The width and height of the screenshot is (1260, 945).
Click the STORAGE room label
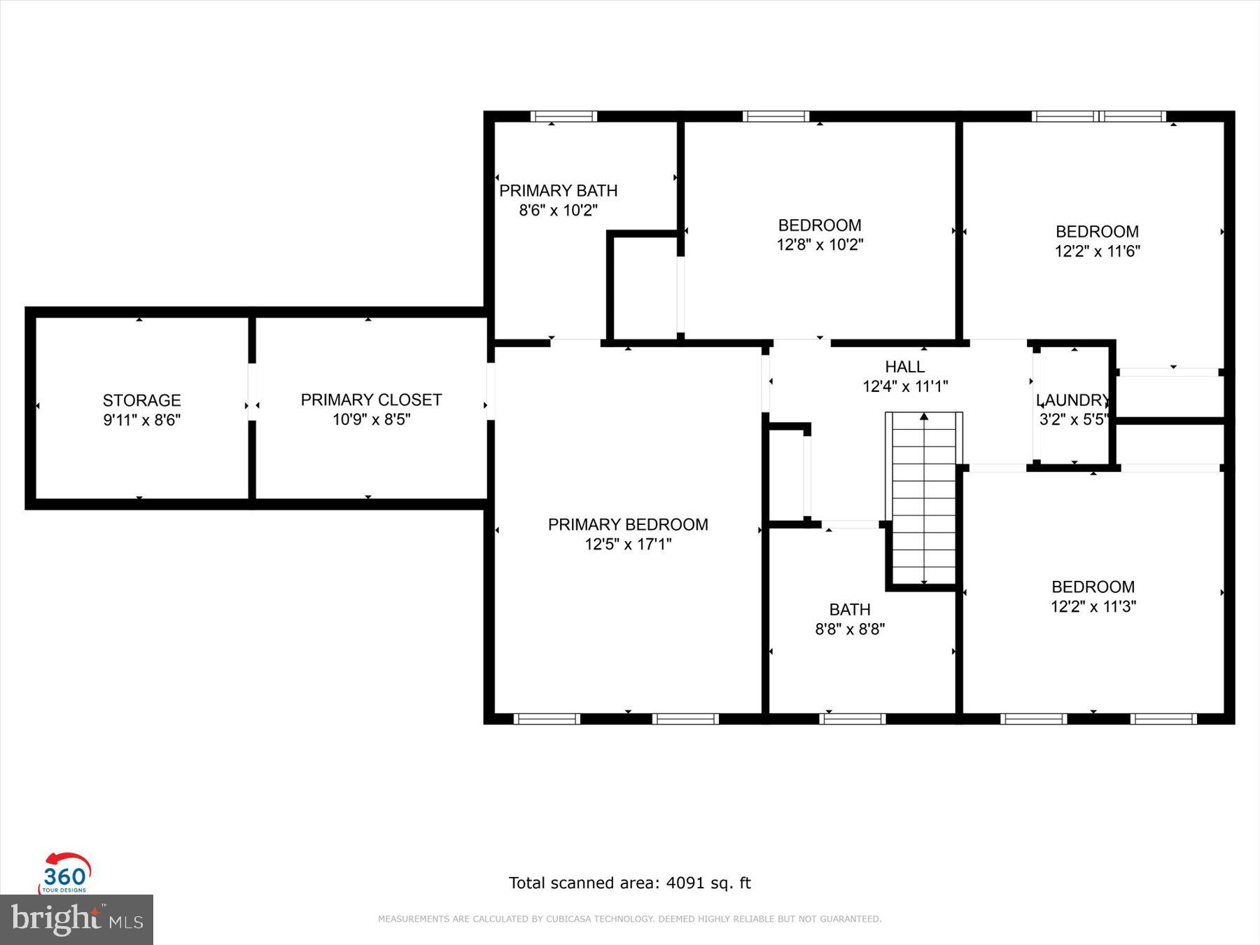tap(141, 400)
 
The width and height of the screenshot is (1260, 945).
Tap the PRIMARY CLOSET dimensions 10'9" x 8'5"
tap(371, 419)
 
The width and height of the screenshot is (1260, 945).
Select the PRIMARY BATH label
tap(558, 190)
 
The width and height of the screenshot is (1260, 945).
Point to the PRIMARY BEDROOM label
tap(628, 524)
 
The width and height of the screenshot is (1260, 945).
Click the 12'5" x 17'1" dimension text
tap(628, 544)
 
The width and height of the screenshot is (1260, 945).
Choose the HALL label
tap(904, 366)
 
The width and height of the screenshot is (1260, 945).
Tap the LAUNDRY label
tap(1072, 400)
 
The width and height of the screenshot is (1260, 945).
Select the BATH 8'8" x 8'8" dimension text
tap(850, 629)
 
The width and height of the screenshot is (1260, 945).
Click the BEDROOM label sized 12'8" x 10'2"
tap(820, 225)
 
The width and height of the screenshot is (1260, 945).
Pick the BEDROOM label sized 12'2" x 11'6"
tap(1097, 232)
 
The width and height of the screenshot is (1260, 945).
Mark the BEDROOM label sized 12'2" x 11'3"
tap(1093, 587)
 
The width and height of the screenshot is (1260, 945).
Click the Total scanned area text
tap(629, 883)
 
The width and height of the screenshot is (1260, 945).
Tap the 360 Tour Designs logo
tap(65, 874)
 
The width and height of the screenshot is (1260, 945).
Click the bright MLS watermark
tap(76, 919)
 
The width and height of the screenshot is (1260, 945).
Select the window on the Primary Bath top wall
tap(563, 116)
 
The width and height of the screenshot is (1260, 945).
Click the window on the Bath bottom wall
tap(852, 718)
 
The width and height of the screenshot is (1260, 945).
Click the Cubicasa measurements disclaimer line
tap(629, 919)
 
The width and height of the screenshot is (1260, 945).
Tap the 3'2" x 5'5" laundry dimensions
tap(1072, 419)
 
